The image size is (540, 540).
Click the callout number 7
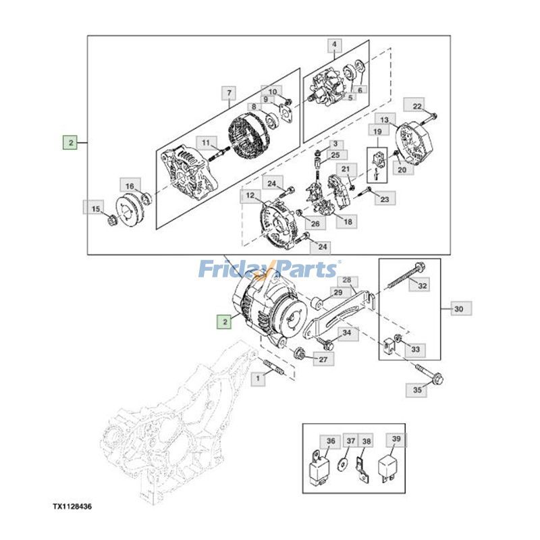pos(229,92)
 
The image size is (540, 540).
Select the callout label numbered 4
pos(333,46)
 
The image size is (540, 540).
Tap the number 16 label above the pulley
pos(129,186)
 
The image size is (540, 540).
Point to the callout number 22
pos(418,105)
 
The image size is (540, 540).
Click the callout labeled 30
pos(459,309)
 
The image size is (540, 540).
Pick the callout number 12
pos(250,196)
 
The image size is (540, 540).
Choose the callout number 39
pos(396,441)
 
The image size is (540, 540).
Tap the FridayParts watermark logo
pos(269,269)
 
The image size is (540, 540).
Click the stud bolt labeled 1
pos(273,369)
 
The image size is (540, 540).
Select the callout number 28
pos(346,280)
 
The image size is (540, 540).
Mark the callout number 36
pos(330,441)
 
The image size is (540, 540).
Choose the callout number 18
pos(348,221)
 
